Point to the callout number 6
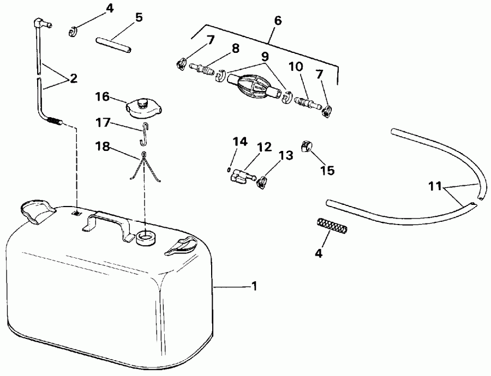pos(278,20)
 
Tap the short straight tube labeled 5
pos(113,44)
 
